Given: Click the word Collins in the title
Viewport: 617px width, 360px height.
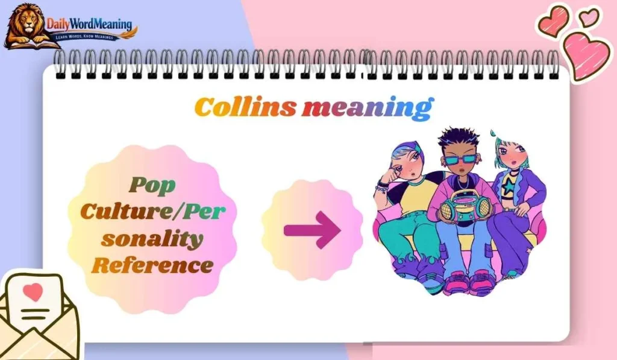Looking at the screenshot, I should pos(245,107).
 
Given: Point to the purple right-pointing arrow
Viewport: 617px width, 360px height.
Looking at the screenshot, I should pos(312,229).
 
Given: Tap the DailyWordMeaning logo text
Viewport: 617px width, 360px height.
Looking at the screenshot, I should pos(90,25).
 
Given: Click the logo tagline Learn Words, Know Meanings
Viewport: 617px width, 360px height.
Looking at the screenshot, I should pos(90,37).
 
